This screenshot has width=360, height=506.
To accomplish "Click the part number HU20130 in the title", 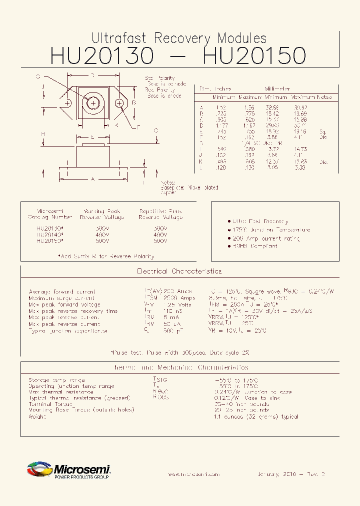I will pyautogui.click(x=101, y=56).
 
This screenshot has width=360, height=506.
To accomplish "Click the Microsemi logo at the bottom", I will pyautogui.click(x=68, y=470).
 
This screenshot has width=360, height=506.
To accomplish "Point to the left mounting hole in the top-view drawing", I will pyautogui.click(x=67, y=103).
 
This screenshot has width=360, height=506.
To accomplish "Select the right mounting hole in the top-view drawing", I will pyautogui.click(x=119, y=103).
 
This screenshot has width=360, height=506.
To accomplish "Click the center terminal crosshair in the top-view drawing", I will pyautogui.click(x=93, y=102).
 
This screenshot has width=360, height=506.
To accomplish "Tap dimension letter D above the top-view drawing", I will pyautogui.click(x=93, y=75).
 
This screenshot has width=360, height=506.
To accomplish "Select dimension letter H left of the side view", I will pyautogui.click(x=43, y=134).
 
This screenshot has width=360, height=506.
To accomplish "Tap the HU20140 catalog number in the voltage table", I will pyautogui.click(x=49, y=234).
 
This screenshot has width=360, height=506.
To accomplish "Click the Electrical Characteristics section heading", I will pyautogui.click(x=179, y=271).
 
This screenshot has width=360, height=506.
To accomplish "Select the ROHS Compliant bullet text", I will pyautogui.click(x=255, y=246).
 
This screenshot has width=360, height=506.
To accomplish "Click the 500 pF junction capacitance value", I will pyautogui.click(x=171, y=330).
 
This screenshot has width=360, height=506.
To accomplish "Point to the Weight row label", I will pyautogui.click(x=37, y=416).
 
